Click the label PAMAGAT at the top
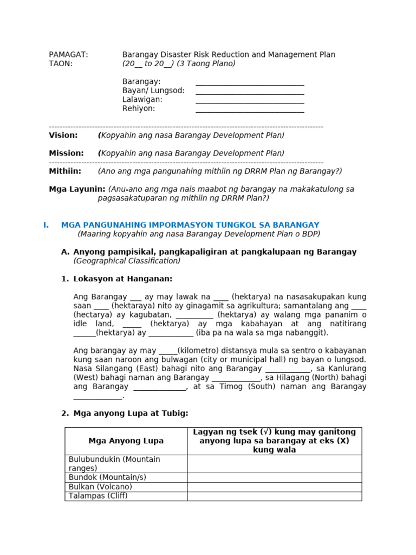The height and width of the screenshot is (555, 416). (x=68, y=55)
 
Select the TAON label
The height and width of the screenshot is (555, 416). (x=61, y=63)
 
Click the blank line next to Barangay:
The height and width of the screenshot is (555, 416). (x=250, y=82)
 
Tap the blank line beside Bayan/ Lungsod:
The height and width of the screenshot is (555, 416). (x=250, y=91)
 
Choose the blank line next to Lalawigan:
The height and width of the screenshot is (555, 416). (x=250, y=100)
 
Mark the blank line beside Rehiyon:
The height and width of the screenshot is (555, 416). (x=250, y=109)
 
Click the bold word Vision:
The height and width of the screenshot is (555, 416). (x=63, y=135)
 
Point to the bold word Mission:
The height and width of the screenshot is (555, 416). (x=66, y=153)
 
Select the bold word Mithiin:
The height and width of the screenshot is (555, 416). (x=65, y=171)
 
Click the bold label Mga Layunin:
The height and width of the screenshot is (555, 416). (x=77, y=189)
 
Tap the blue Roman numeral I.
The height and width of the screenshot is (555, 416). (x=46, y=225)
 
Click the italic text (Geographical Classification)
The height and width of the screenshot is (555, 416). (x=127, y=261)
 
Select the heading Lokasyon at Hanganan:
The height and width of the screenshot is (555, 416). (x=122, y=279)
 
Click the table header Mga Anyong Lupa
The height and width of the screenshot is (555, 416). (x=126, y=441)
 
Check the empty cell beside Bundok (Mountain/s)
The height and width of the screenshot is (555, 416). (x=274, y=477)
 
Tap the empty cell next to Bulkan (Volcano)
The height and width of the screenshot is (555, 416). (x=274, y=487)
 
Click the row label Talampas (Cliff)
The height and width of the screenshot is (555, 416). (x=98, y=496)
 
